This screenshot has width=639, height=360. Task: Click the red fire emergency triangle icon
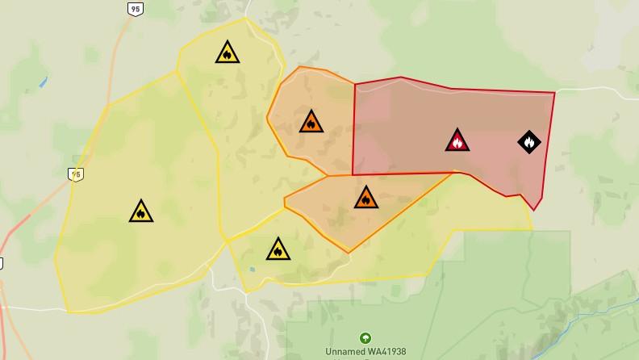click(x=457, y=140)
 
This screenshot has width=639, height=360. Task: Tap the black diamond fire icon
click(x=528, y=142)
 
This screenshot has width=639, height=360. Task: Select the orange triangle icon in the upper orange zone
click(x=311, y=123)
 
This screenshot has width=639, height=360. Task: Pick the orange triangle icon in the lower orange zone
click(x=365, y=198)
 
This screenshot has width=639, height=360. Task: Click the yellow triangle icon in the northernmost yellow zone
click(x=228, y=53)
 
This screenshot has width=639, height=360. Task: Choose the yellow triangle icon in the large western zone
click(x=140, y=212)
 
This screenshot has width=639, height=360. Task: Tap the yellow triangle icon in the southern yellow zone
click(x=278, y=249)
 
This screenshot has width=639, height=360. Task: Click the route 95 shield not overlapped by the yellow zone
click(x=135, y=8)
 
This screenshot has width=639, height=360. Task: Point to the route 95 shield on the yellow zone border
click(x=76, y=174)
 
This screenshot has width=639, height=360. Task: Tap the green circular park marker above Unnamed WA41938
click(x=365, y=338)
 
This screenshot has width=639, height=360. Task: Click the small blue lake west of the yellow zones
click(x=42, y=82)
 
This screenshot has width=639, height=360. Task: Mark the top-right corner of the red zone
click(x=554, y=93)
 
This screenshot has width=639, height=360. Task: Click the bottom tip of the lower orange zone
click(x=349, y=253)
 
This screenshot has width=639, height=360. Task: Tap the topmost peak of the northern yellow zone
click(x=246, y=18)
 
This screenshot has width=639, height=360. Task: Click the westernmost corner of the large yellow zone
click(x=55, y=258)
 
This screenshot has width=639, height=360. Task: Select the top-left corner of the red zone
click(x=354, y=83)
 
